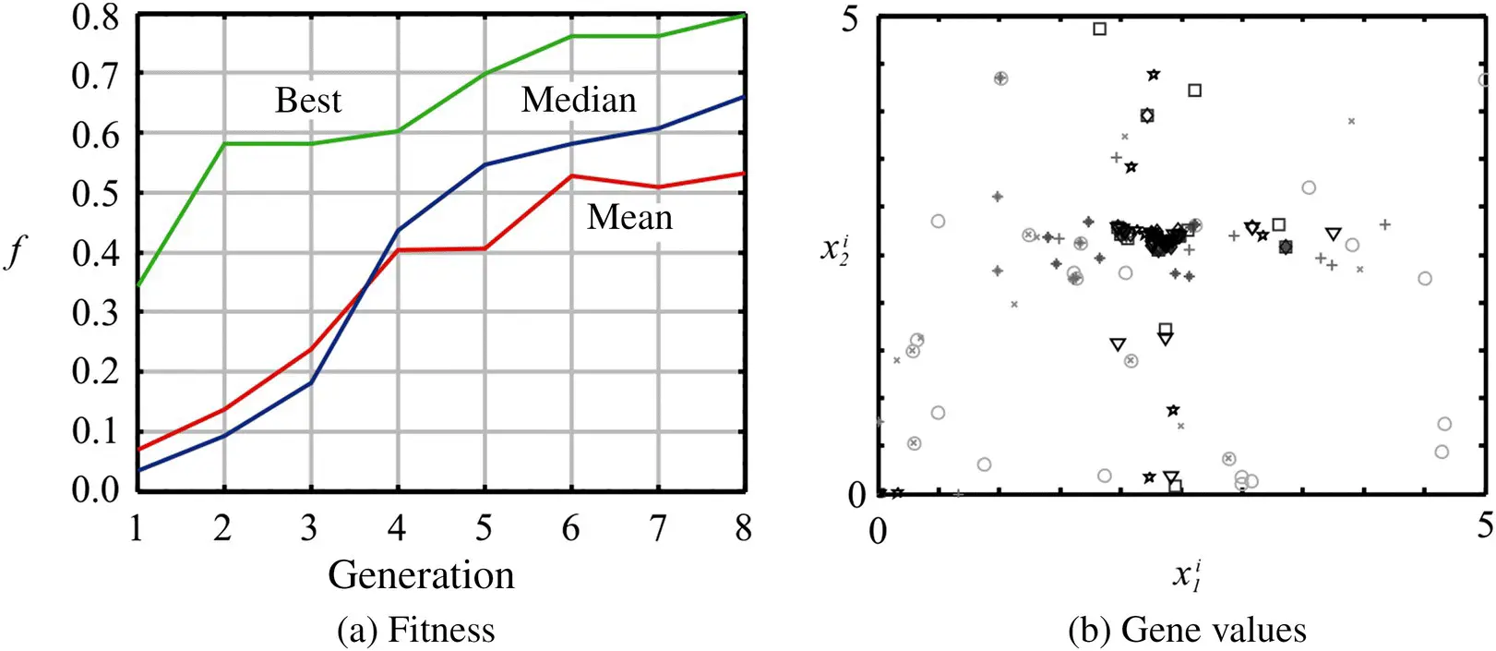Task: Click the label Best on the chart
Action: [x=307, y=100]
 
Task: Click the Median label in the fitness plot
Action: [x=579, y=100]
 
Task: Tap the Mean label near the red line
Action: [x=629, y=217]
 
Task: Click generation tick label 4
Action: [x=397, y=528]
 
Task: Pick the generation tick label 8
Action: [x=743, y=528]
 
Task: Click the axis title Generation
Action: [x=421, y=574]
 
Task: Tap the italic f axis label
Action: [x=15, y=250]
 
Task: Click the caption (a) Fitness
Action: [x=415, y=630]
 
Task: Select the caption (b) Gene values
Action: [x=1187, y=630]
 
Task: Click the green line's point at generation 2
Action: [x=223, y=143]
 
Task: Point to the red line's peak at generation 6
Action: [x=571, y=175]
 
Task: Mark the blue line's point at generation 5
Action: [x=485, y=165]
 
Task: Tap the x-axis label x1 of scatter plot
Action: [x=1187, y=574]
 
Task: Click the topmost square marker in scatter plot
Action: [x=1099, y=29]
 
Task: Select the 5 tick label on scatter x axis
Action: [x=1484, y=524]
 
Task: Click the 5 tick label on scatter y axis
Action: [x=850, y=18]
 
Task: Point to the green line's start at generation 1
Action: [x=138, y=285]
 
